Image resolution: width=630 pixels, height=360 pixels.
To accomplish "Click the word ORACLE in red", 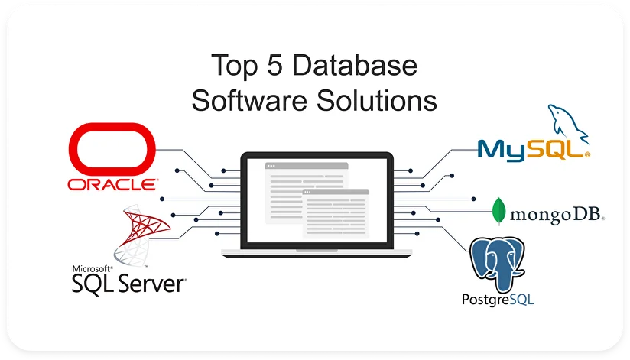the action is (x=113, y=184).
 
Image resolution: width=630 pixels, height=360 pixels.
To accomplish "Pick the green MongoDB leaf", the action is (x=498, y=211).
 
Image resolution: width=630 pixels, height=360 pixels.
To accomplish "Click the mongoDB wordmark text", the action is (x=556, y=215).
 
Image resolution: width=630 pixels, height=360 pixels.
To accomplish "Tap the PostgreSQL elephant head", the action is (x=498, y=264).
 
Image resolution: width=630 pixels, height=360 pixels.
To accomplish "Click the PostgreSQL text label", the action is (x=498, y=300).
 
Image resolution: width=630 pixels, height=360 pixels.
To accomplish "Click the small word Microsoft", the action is (x=92, y=269).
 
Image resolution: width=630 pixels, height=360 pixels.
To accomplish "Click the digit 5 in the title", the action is (x=274, y=65).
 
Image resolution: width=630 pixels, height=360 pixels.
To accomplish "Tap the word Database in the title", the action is (x=355, y=65).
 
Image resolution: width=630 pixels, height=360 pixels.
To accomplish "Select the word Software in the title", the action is (x=249, y=100).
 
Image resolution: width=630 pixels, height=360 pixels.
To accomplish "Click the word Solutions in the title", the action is (x=377, y=100).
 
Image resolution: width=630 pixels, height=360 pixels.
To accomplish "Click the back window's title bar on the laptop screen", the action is (x=306, y=166).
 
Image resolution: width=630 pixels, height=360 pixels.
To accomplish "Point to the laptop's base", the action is (x=317, y=253).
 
